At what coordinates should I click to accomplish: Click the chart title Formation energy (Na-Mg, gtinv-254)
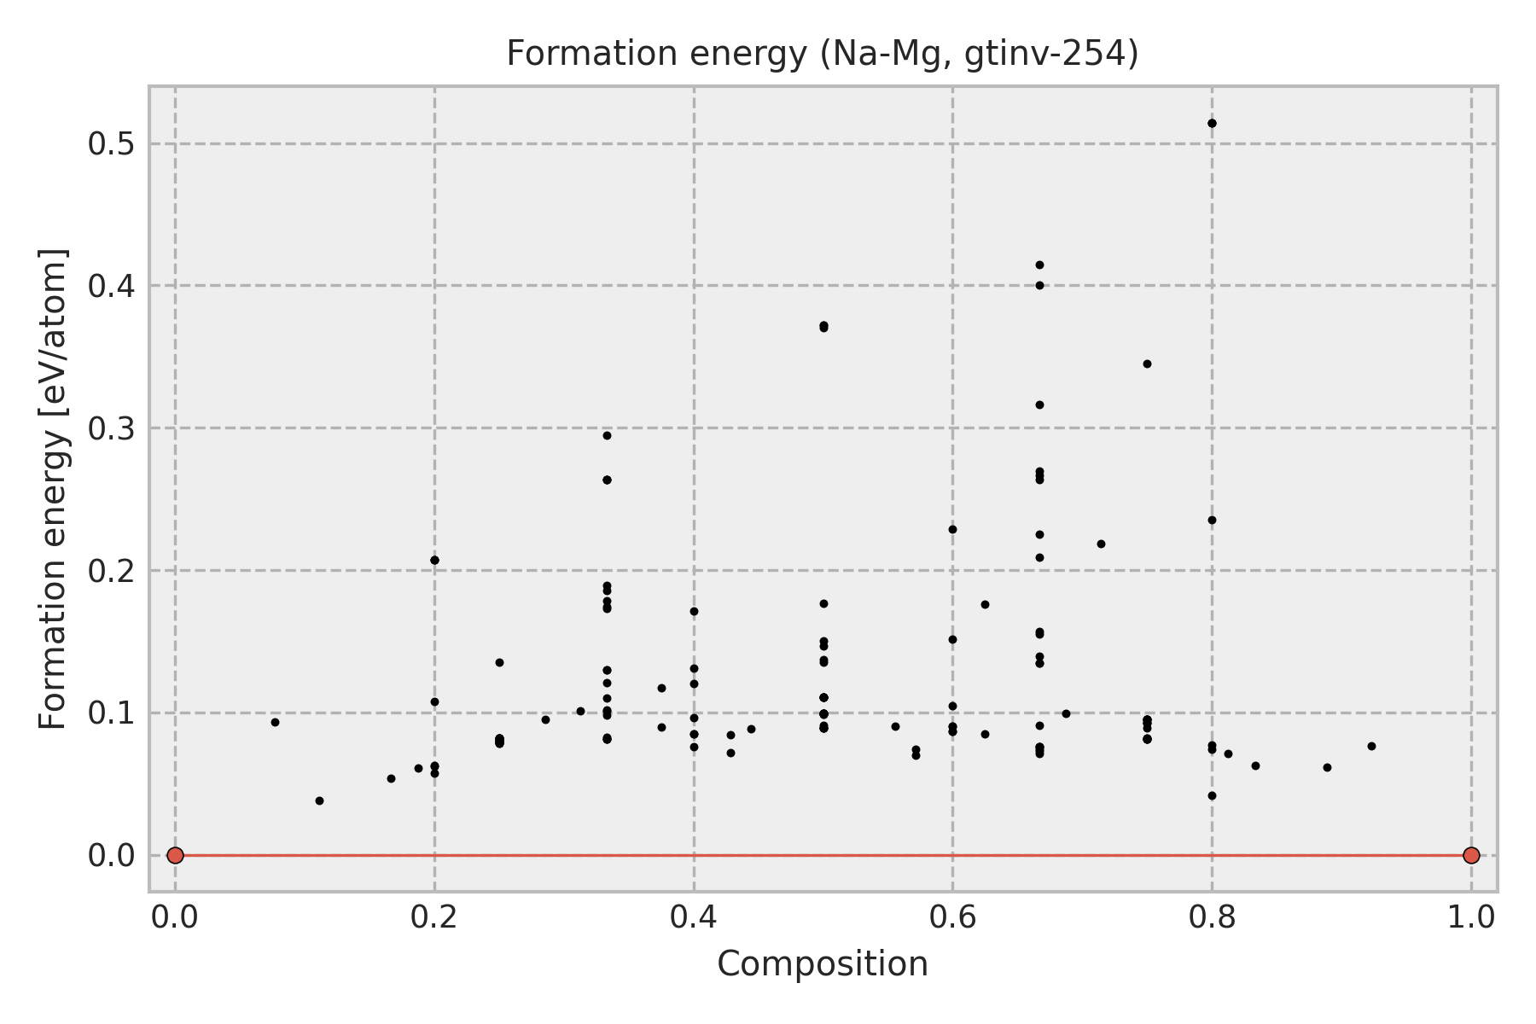(823, 54)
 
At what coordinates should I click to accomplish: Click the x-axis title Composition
(823, 964)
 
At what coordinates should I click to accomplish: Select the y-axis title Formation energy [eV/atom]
(53, 489)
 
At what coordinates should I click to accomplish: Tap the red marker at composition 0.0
(175, 855)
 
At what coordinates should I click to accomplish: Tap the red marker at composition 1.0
(1471, 855)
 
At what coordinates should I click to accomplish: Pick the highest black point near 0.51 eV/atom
(1212, 123)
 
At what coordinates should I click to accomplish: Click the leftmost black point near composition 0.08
(275, 722)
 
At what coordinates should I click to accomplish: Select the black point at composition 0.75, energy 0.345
(1147, 364)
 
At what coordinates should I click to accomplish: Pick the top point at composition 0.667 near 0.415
(1039, 265)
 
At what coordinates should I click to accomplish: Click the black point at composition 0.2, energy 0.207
(434, 560)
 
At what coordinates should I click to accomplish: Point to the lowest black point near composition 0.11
(319, 800)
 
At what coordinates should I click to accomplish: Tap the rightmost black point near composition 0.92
(1371, 746)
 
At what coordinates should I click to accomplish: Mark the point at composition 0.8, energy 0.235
(1212, 520)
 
